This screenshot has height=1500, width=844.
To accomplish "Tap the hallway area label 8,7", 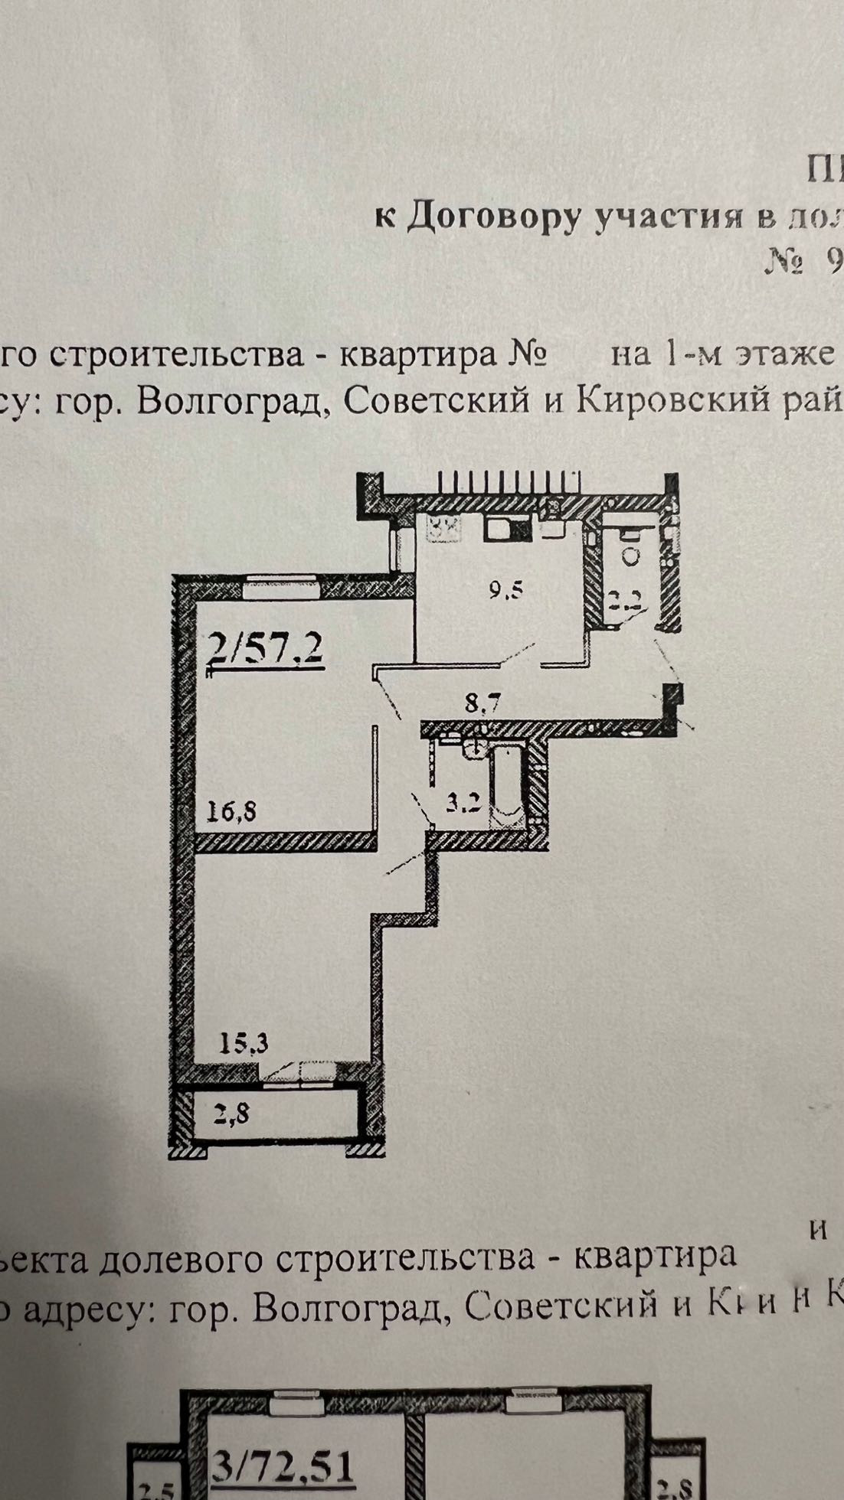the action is (x=483, y=700).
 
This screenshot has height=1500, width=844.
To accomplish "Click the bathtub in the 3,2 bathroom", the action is (x=507, y=788).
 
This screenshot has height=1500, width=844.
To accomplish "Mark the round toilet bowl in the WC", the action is (x=632, y=556).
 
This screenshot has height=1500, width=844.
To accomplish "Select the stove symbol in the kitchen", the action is (x=444, y=527).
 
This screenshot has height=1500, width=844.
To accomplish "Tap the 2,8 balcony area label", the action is (x=233, y=1114).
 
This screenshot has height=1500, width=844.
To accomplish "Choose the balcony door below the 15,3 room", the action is (x=303, y=1074).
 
